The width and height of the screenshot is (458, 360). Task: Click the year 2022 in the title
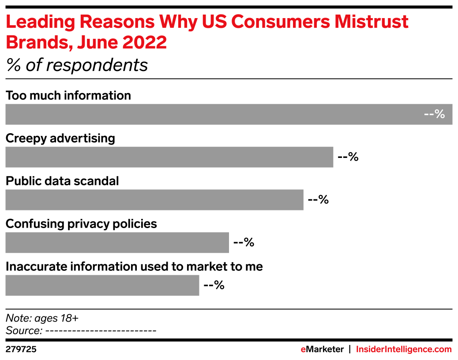pyautogui.click(x=145, y=42)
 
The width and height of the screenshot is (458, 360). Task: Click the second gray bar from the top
pyautogui.click(x=169, y=157)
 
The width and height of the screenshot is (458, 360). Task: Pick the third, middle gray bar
pyautogui.click(x=154, y=200)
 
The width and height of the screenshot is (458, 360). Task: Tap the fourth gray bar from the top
pyautogui.click(x=117, y=243)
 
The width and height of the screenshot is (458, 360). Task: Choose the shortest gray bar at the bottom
pyautogui.click(x=102, y=285)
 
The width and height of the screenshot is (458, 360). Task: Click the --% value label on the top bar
pyautogui.click(x=434, y=114)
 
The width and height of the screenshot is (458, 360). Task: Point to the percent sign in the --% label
pyautogui.click(x=439, y=114)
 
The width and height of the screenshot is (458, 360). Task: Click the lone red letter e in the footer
pyautogui.click(x=303, y=349)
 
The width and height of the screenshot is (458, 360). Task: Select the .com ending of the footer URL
pyautogui.click(x=442, y=349)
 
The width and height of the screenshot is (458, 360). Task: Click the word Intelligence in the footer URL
pyautogui.click(x=408, y=349)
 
